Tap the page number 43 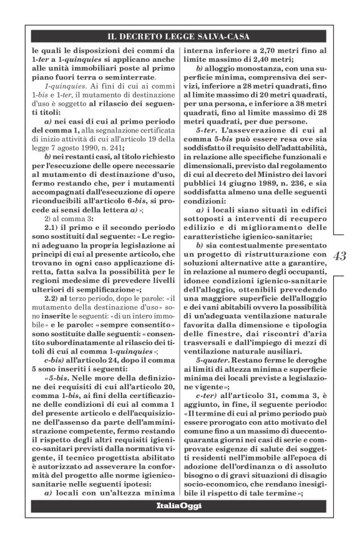pyautogui.click(x=341, y=257)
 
